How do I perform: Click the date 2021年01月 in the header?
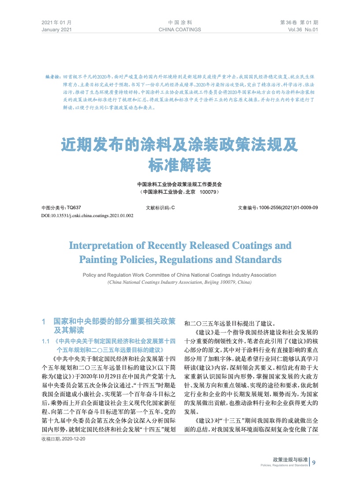(x=56, y=22)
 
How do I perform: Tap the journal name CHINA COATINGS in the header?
(x=180, y=30)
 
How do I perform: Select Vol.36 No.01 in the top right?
(x=302, y=30)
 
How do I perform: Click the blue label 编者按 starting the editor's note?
(x=52, y=77)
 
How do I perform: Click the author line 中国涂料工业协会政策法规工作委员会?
(x=180, y=184)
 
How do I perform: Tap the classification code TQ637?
(x=74, y=207)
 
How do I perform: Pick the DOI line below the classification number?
(x=87, y=215)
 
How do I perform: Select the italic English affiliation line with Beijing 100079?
(x=180, y=282)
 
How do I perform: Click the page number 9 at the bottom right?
(x=314, y=462)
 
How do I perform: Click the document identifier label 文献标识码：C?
(x=160, y=207)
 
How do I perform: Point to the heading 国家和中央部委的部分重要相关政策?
(x=114, y=322)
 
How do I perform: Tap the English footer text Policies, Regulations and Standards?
(x=284, y=466)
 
